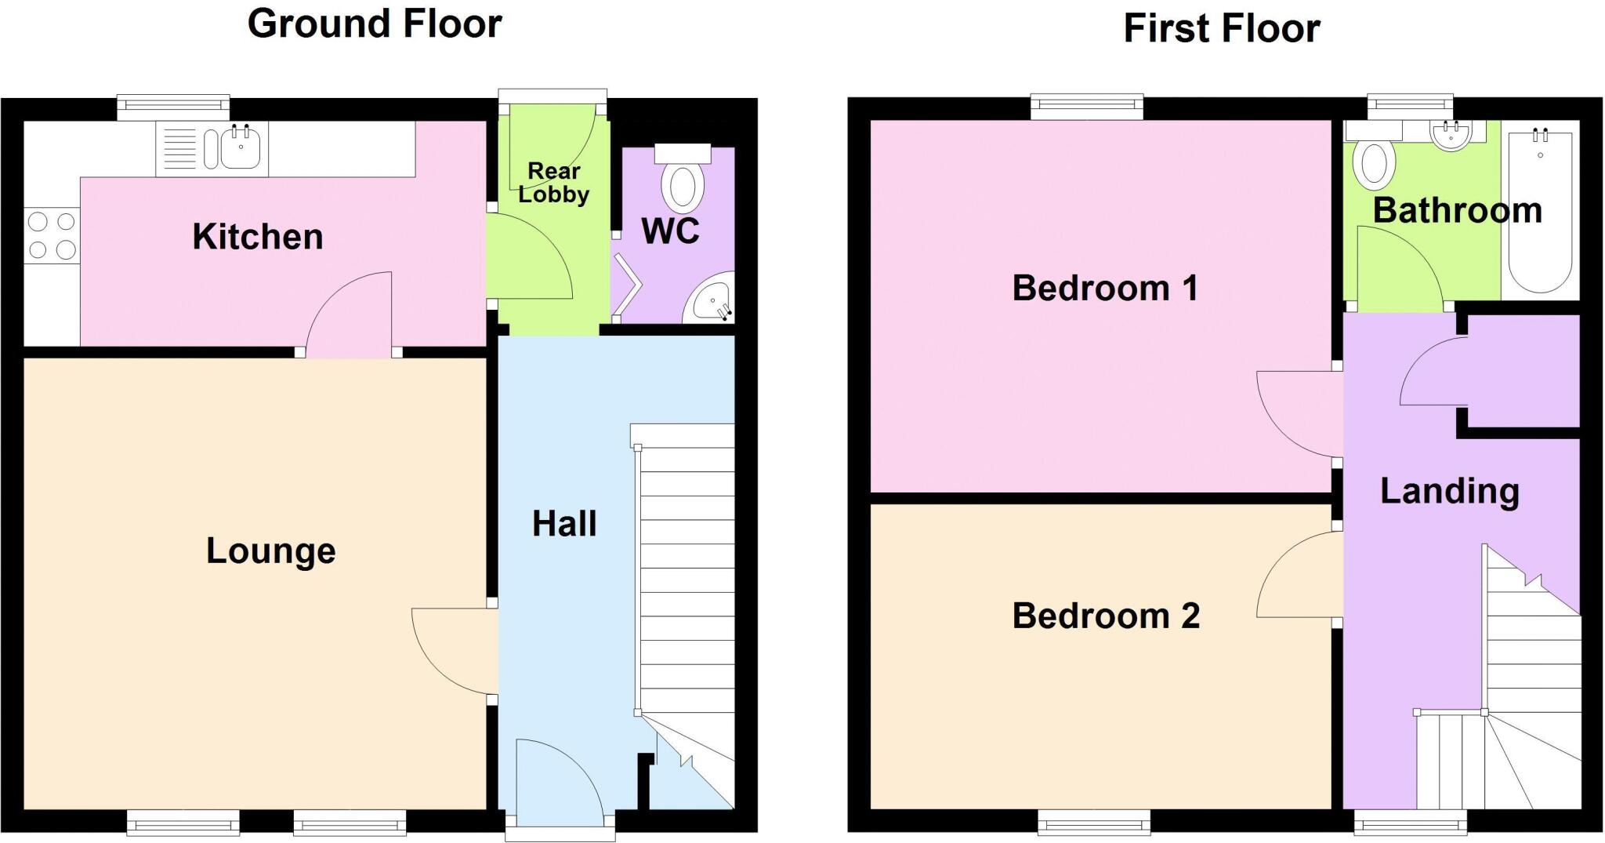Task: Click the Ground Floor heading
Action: [375, 24]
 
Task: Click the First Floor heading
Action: [1221, 29]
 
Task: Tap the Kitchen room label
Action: [258, 237]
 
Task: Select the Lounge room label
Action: [270, 550]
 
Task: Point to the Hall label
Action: [564, 524]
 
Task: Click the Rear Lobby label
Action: [553, 183]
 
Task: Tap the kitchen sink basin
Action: [241, 149]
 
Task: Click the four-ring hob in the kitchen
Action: [52, 236]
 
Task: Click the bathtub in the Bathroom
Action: [1540, 212]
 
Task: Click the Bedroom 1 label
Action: [1105, 289]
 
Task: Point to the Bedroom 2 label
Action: [1106, 616]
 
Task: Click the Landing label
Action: [1449, 492]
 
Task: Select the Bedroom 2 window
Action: [1094, 821]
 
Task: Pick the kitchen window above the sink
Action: [173, 107]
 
